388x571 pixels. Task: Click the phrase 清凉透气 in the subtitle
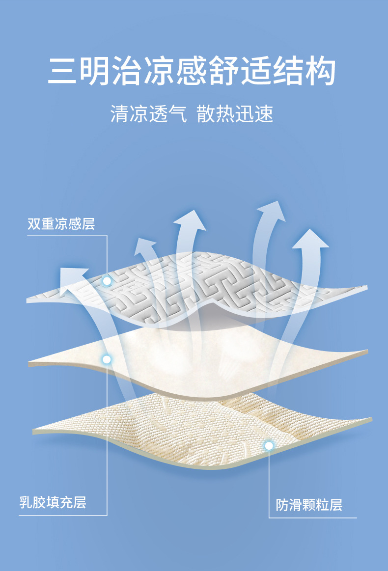[x=149, y=114]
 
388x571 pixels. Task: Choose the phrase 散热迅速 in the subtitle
[x=235, y=114]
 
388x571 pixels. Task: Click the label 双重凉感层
[x=61, y=224]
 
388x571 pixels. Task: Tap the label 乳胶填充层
[x=53, y=502]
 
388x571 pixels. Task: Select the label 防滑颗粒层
[x=308, y=504]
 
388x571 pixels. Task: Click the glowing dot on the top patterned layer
[x=107, y=281]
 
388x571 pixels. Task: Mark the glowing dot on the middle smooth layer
[x=106, y=359]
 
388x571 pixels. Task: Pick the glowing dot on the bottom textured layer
[x=269, y=445]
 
